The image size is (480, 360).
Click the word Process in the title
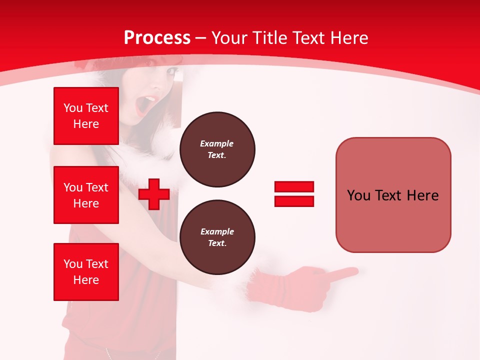coord(157,38)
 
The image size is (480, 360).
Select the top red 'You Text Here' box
coord(86,116)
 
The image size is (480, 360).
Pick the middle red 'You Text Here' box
coord(86,195)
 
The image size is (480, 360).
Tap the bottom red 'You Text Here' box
coord(86,272)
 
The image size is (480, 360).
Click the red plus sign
coord(154,194)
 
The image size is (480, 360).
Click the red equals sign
coord(294,194)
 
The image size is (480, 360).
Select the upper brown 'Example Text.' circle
coord(217,149)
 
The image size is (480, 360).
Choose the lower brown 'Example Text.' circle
coord(217,237)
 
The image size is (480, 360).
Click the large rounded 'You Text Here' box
coord(393,195)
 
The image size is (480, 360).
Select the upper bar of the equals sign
coord(294,187)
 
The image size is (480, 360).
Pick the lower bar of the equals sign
coord(294,201)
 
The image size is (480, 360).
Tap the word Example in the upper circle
coord(217,144)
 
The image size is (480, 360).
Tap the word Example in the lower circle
coord(217,232)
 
